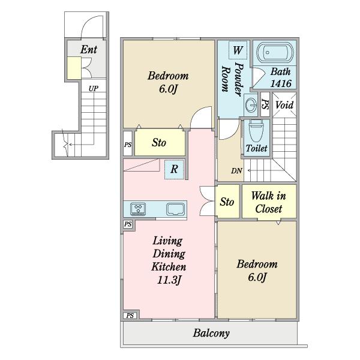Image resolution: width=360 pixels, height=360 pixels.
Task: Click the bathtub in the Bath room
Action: [x=275, y=53]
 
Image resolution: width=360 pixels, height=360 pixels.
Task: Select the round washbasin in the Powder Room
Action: [x=251, y=104]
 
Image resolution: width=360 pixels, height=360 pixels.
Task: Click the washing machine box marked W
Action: [x=238, y=50]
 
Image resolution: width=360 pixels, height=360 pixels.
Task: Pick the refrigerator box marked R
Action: [x=174, y=169]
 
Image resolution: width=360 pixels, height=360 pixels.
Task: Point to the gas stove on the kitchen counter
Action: [x=138, y=209]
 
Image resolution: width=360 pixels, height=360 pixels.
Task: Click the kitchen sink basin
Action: [x=176, y=209]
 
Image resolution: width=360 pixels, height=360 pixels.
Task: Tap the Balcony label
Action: [x=211, y=333]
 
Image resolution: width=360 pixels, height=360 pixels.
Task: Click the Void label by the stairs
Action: [x=284, y=105]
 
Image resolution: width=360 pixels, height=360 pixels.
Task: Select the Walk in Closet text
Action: [x=269, y=202]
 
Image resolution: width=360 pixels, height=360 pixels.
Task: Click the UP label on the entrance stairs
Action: [x=94, y=89]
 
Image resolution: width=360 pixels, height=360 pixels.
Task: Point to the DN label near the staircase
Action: [x=236, y=171]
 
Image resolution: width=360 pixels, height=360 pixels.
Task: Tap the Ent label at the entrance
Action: [x=89, y=49]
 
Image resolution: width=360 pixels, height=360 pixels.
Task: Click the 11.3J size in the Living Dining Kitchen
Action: [x=169, y=280]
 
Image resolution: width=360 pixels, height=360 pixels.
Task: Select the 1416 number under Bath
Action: [x=281, y=83]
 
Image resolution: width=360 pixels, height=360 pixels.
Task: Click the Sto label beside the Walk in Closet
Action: [x=227, y=202]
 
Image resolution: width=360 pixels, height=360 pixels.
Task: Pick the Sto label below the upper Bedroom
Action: [x=159, y=143]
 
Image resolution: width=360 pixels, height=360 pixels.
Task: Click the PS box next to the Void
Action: [x=265, y=104]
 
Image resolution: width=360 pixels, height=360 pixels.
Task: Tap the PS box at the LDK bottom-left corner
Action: [x=130, y=316]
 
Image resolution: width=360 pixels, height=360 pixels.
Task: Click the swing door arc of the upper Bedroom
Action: [x=197, y=113]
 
